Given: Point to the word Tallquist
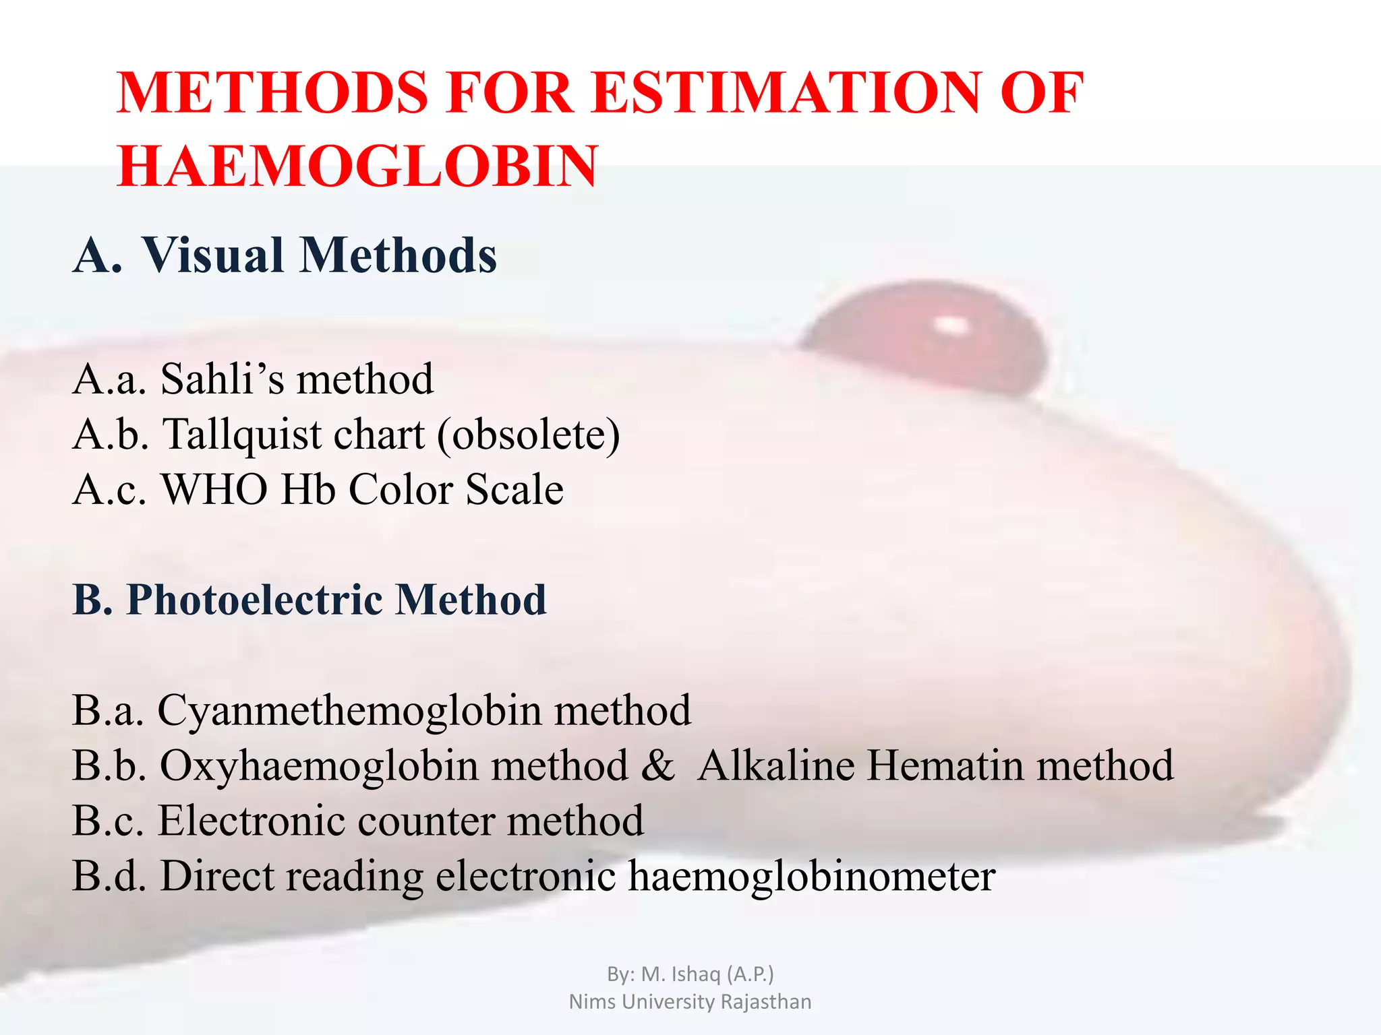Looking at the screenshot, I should (242, 434).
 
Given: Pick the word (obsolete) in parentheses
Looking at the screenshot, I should (528, 434).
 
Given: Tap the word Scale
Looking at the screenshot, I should (514, 489).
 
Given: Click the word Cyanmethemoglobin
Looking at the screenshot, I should (349, 710).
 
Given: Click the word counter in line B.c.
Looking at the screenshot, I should (426, 821).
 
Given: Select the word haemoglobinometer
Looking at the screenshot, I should (812, 876).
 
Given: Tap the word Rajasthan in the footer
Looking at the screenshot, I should (766, 1001).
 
